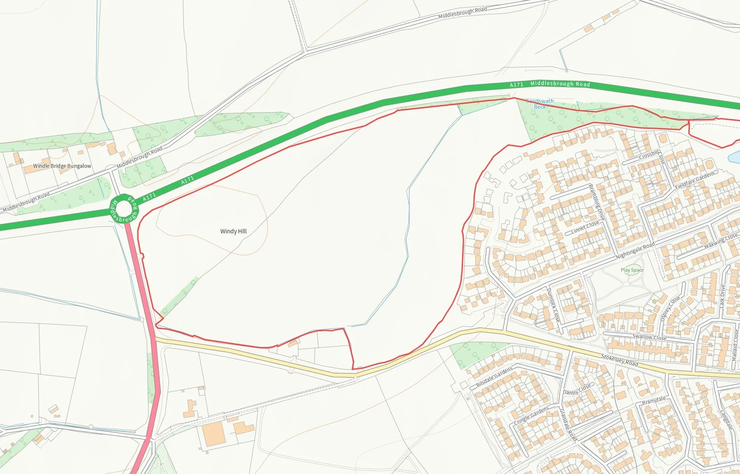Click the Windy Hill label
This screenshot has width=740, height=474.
click(233, 231)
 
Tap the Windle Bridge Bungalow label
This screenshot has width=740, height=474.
click(62, 166)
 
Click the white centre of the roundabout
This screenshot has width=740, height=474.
click(124, 209)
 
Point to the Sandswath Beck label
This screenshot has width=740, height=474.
click(540, 104)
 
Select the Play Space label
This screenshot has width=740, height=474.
click(632, 270)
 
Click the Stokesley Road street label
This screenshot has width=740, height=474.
click(619, 360)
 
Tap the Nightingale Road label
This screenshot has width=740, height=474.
click(635, 251)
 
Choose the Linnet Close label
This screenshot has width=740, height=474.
click(585, 228)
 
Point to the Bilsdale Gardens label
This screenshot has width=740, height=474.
click(494, 377)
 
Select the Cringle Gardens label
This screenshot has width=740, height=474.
click(531, 416)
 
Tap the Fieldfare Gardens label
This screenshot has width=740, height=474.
click(694, 180)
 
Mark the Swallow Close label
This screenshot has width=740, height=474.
click(649, 337)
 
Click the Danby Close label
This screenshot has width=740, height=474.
click(577, 389)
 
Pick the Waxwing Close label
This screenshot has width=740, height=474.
click(720, 241)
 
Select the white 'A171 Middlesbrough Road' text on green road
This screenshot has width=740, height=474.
click(550, 84)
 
